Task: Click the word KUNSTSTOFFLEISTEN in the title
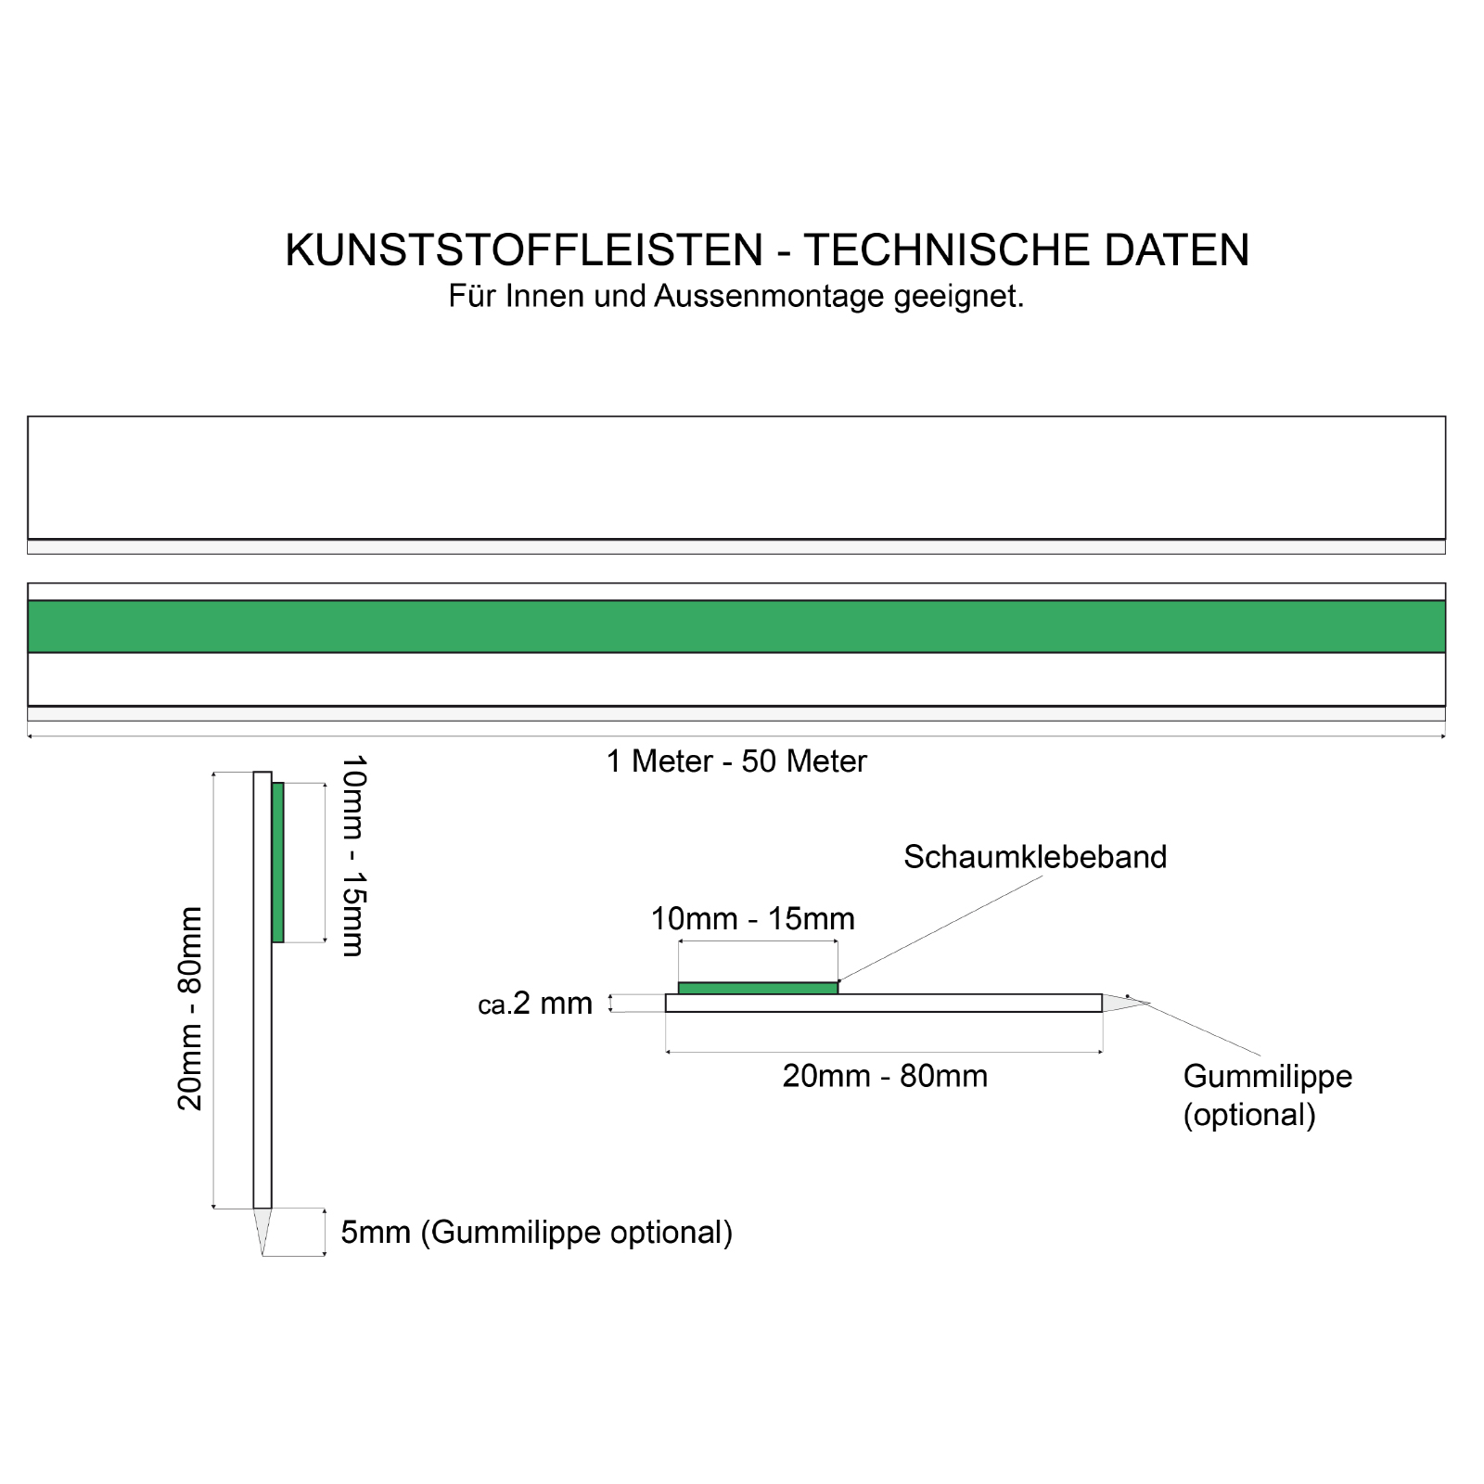tap(524, 250)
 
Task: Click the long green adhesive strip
tap(736, 627)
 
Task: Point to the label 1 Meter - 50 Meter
tap(736, 761)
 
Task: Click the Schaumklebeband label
tap(1035, 857)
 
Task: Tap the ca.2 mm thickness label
tap(535, 1004)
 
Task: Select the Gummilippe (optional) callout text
tap(1267, 1095)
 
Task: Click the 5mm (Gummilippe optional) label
tap(536, 1233)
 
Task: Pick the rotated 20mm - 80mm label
tap(190, 1008)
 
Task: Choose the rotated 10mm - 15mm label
tap(354, 855)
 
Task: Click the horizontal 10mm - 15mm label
tap(752, 919)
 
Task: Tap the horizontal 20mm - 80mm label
tap(885, 1076)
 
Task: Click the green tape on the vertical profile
tap(278, 863)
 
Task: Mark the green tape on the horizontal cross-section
tap(758, 988)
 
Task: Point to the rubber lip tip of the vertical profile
tap(262, 1229)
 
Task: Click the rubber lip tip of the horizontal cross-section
tap(1122, 1003)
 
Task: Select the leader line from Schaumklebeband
tap(941, 927)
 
